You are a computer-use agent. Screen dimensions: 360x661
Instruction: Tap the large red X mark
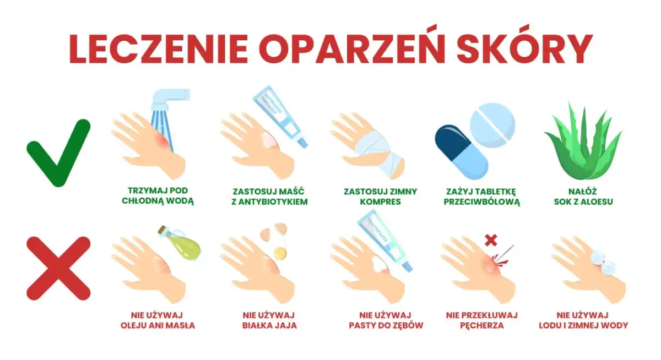pyautogui.click(x=58, y=268)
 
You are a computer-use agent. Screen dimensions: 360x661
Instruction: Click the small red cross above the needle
pyautogui.click(x=490, y=240)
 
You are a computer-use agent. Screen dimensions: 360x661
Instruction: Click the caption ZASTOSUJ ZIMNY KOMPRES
pyautogui.click(x=380, y=197)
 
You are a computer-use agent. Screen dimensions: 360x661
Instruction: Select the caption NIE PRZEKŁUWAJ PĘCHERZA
pyautogui.click(x=482, y=320)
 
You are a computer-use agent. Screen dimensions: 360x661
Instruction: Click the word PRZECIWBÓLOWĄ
pyautogui.click(x=483, y=201)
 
